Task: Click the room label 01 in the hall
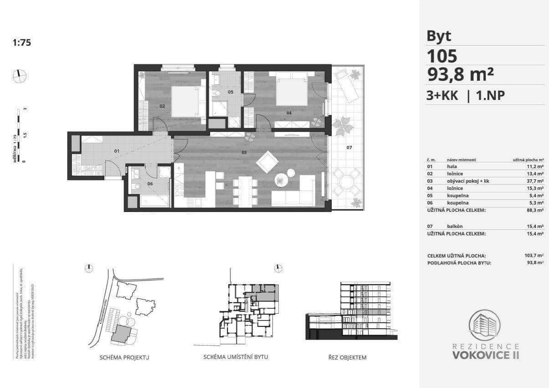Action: pyautogui.click(x=116, y=151)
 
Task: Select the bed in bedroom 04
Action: pyautogui.click(x=292, y=91)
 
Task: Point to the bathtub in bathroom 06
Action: pyautogui.click(x=154, y=201)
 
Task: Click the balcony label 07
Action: pyautogui.click(x=349, y=148)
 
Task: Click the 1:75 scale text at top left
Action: pyautogui.click(x=21, y=43)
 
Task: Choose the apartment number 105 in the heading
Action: pyautogui.click(x=441, y=57)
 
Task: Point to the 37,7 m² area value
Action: pyautogui.click(x=535, y=181)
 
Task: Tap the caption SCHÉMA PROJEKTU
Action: pyautogui.click(x=124, y=357)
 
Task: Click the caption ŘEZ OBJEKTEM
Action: pyautogui.click(x=347, y=357)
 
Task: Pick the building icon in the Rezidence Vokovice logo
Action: pyautogui.click(x=485, y=326)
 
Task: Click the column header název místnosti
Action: pyautogui.click(x=462, y=160)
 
